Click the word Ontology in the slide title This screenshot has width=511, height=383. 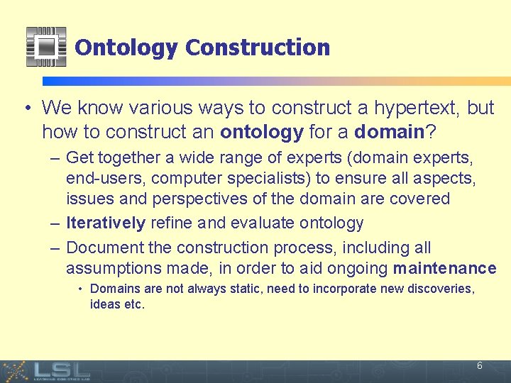click(x=126, y=48)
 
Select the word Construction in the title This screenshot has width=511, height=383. click(x=257, y=48)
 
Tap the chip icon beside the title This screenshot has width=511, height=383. click(x=46, y=47)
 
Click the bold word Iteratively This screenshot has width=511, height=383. click(x=105, y=223)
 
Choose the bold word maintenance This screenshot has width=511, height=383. click(x=444, y=268)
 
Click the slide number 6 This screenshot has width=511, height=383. click(x=480, y=366)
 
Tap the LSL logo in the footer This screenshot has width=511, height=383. click(x=60, y=370)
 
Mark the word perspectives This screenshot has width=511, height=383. click(x=196, y=199)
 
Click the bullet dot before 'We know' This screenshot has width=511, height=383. click(x=26, y=109)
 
